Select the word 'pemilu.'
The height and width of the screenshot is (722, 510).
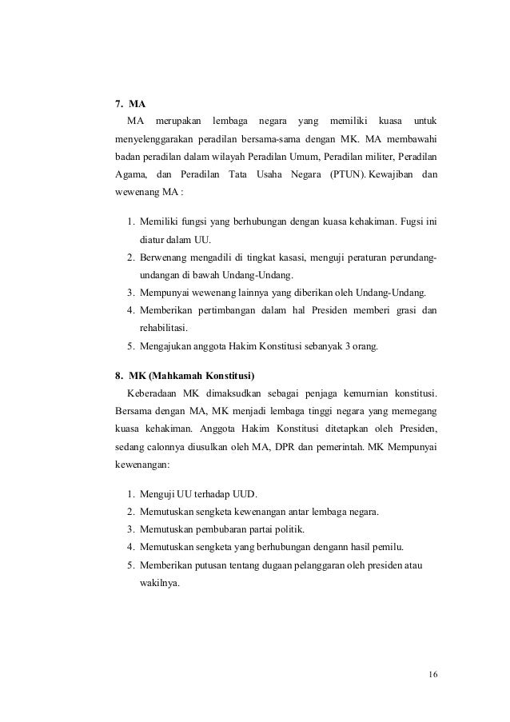click(387, 547)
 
